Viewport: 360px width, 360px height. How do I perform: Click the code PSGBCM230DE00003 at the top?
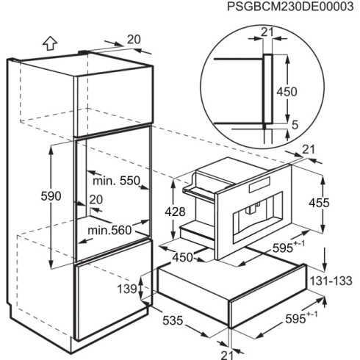click(290, 7)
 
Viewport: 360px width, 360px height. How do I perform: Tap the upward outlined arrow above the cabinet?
click(50, 43)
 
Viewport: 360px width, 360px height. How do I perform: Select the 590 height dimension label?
click(51, 196)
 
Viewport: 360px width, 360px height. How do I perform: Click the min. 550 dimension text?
click(116, 181)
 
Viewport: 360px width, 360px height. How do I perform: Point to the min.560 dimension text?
click(109, 230)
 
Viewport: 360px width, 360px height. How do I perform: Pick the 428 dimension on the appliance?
click(175, 212)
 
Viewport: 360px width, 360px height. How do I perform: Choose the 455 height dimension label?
click(319, 203)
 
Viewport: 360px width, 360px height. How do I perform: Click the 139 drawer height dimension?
click(127, 289)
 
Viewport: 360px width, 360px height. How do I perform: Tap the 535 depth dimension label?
click(173, 320)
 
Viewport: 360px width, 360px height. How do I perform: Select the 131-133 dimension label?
click(331, 281)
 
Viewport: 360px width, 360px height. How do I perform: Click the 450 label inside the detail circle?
click(287, 92)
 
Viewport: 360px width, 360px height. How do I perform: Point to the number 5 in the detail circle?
click(295, 125)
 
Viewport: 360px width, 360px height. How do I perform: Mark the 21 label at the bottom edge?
click(227, 355)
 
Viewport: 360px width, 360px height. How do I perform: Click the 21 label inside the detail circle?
click(267, 32)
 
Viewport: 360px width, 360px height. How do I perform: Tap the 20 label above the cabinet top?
click(134, 40)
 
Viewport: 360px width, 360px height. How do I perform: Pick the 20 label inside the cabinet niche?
click(96, 200)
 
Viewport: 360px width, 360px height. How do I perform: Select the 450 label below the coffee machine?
click(183, 257)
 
